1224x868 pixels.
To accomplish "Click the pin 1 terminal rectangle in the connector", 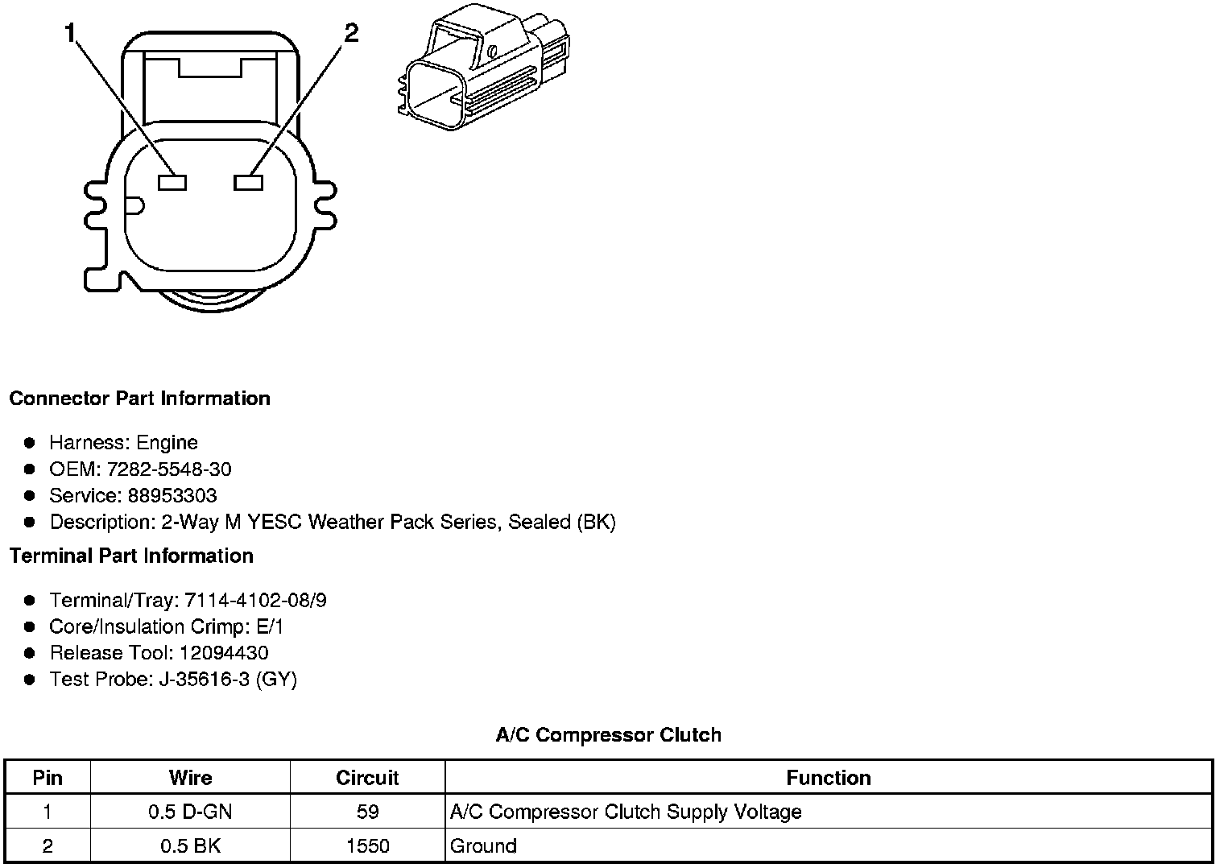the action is coord(172,183).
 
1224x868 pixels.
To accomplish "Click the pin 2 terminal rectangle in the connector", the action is coord(248,183).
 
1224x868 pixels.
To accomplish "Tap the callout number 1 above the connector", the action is coord(71,33).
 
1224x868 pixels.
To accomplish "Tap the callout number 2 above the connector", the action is coord(351,33).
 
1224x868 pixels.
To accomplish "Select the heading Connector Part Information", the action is coord(139,399).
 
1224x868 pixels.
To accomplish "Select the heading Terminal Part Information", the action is coord(131,556).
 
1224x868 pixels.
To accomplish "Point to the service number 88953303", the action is coord(172,496).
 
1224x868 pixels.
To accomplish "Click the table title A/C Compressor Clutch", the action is coord(608,735).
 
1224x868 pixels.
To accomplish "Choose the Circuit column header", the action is coord(367,778).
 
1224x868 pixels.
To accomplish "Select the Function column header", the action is coord(828,778).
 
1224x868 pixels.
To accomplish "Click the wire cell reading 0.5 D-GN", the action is coord(190,812).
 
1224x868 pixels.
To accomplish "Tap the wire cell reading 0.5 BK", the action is coord(190,846).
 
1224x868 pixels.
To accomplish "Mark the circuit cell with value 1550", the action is coord(367,846).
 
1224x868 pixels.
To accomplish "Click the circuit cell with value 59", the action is coord(367,812).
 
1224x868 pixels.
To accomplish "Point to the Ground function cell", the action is coord(483,846).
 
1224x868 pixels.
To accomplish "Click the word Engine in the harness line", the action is coord(167,443).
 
